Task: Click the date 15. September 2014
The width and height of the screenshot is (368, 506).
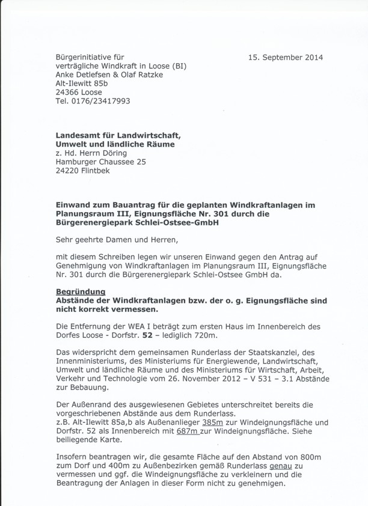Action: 285,58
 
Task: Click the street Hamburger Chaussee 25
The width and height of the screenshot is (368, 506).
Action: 100,162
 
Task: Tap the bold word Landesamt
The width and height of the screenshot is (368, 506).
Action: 81,135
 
